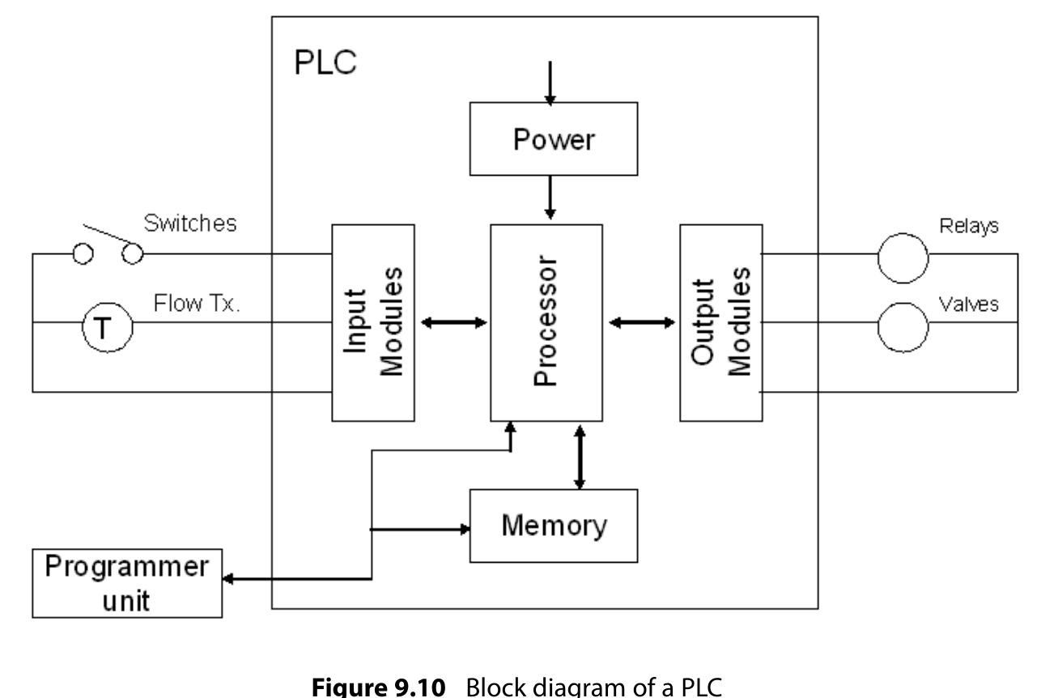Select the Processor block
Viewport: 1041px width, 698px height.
(x=546, y=322)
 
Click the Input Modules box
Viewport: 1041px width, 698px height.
(x=373, y=322)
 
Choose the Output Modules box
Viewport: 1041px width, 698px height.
(x=720, y=322)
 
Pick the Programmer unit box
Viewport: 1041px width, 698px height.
(x=126, y=583)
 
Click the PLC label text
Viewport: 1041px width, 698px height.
(x=325, y=63)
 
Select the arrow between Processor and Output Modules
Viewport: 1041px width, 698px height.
(x=641, y=323)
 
